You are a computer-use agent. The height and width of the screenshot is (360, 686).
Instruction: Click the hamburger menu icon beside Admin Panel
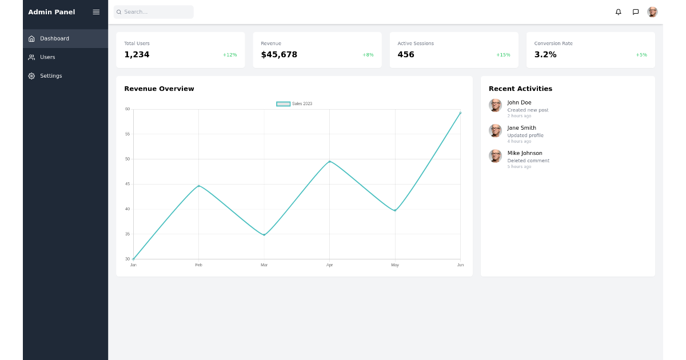96,12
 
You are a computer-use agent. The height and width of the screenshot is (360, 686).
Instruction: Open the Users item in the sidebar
47,57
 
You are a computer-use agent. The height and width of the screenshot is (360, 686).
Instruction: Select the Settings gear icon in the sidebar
31,76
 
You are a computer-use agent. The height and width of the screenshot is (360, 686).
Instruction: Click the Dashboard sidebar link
54,39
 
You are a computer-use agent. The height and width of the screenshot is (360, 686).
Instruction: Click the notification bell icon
618,12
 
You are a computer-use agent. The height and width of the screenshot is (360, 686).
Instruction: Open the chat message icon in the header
635,12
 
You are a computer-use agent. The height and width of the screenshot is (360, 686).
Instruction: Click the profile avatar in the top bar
652,12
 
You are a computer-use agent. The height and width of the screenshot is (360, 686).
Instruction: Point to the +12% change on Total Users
230,55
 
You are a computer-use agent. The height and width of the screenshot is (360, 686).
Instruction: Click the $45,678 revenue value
279,55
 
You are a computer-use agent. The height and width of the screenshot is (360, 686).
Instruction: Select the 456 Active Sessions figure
406,55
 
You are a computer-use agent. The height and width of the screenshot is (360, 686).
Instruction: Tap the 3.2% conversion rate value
545,55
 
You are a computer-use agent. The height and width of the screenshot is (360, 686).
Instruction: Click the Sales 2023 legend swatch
283,104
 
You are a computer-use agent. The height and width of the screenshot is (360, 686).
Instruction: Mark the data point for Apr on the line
330,162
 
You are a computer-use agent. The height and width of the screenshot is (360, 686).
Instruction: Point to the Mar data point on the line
264,235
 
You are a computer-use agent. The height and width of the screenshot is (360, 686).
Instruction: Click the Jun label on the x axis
460,265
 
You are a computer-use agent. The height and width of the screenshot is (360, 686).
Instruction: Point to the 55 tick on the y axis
127,134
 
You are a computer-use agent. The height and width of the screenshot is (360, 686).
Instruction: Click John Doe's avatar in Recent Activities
495,105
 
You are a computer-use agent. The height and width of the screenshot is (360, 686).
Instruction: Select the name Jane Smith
521,128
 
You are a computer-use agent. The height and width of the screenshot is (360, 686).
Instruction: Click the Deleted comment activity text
528,161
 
